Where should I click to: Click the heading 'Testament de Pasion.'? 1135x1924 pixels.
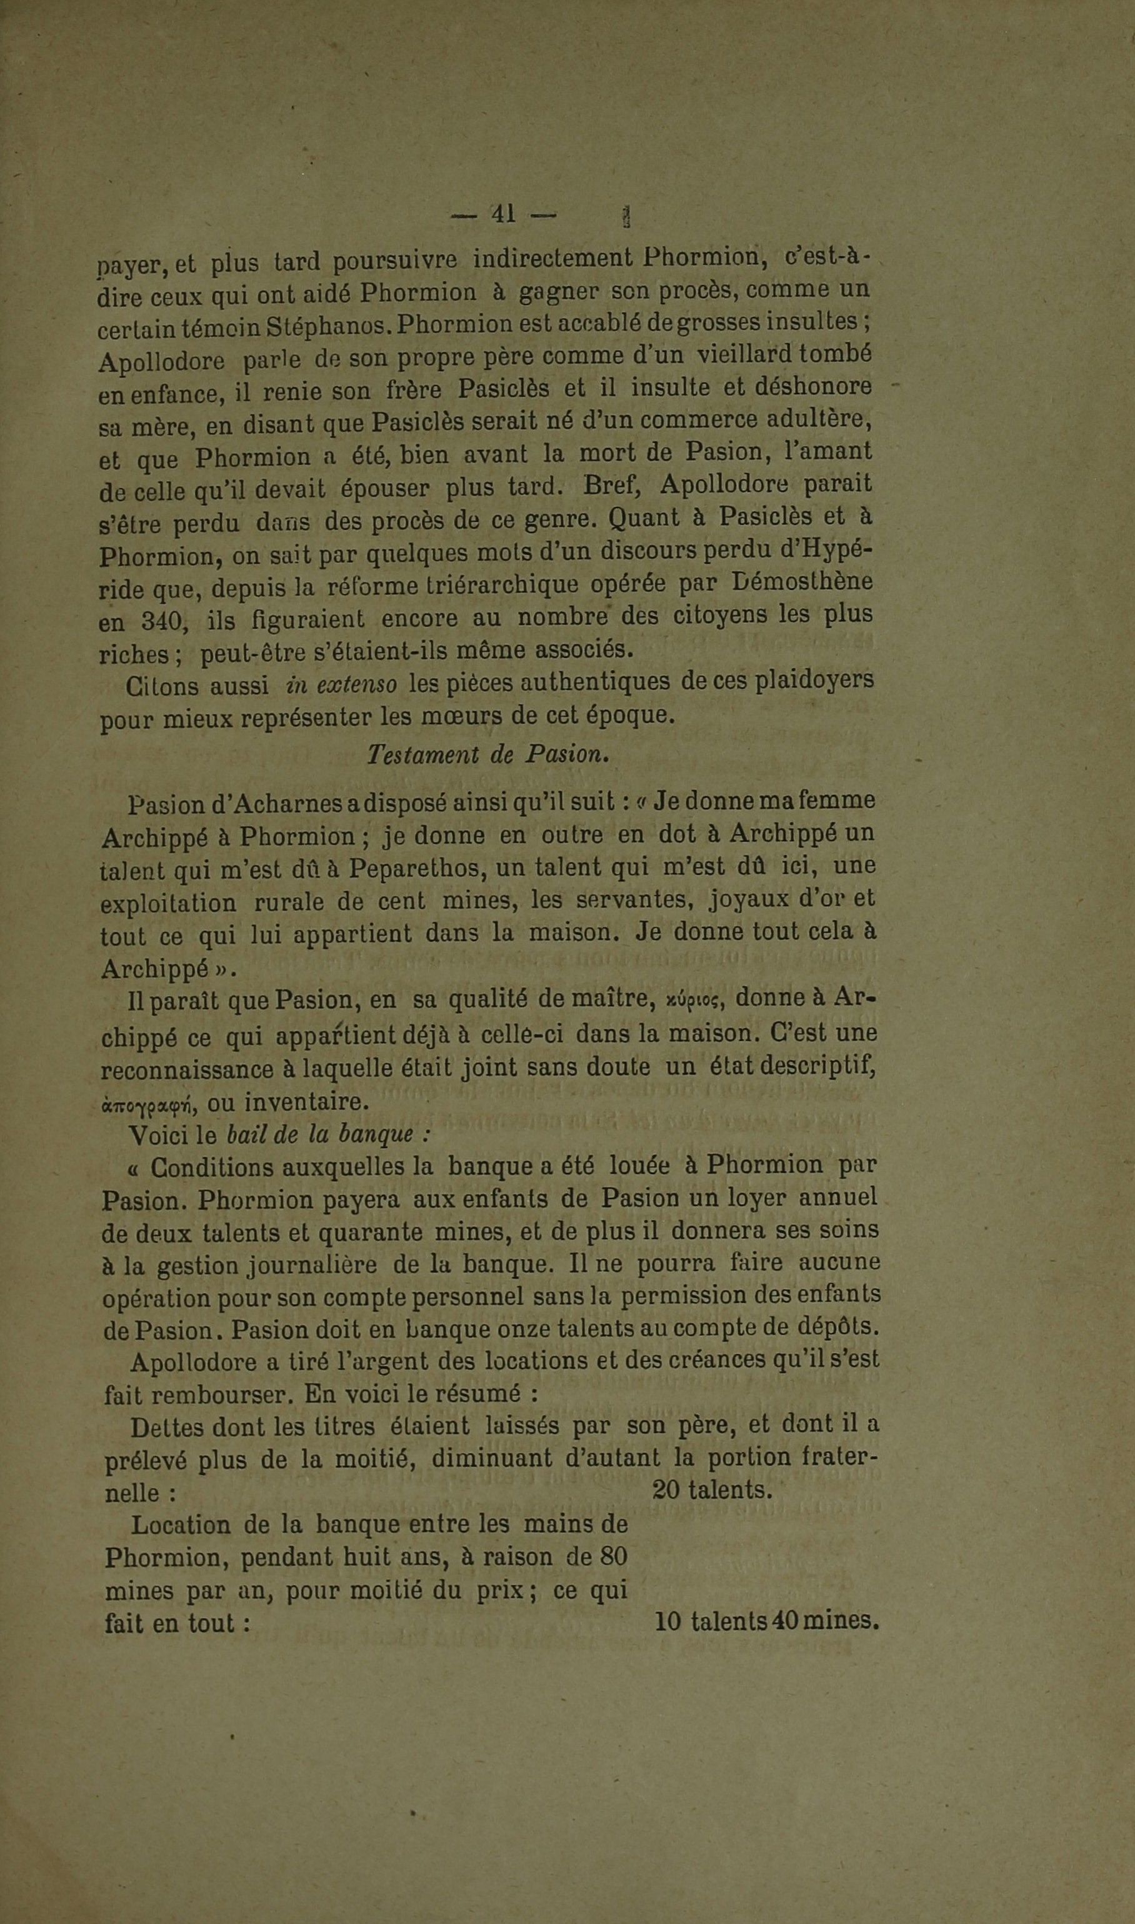point(488,754)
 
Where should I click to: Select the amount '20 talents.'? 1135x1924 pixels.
point(712,1490)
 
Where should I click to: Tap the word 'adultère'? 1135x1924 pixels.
point(827,420)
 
